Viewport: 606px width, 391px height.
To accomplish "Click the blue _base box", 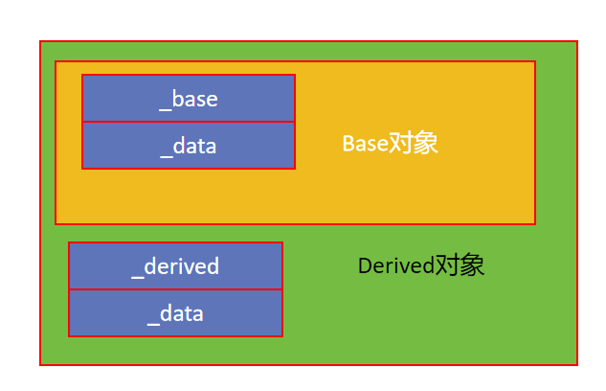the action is pos(189,99).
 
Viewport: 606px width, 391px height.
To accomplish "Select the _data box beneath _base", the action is pos(189,146).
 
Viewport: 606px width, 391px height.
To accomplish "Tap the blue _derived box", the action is pos(175,265).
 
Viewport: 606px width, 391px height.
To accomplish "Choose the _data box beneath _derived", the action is pos(175,312).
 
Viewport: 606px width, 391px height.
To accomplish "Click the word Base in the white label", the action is pos(365,144).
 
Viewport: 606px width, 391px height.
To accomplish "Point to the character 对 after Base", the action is pos(400,144).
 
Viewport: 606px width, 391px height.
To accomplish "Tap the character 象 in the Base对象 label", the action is pos(425,144).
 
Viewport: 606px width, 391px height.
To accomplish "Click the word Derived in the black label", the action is pos(396,265).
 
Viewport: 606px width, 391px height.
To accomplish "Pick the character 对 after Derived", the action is pos(447,265).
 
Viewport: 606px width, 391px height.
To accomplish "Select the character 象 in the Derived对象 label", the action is pos(472,265).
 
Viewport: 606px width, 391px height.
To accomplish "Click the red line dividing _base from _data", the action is pos(189,122).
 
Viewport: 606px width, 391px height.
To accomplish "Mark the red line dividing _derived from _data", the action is pos(175,289).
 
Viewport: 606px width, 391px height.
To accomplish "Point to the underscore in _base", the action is pos(165,110).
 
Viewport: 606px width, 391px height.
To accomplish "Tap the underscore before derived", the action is pos(138,278).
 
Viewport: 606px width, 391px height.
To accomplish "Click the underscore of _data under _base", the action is pos(167,157).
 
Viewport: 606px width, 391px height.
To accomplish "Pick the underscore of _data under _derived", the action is pos(153,325).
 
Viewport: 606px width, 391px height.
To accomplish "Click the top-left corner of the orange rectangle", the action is pos(56,61).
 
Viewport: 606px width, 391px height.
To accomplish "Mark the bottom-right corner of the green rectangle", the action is pos(577,365).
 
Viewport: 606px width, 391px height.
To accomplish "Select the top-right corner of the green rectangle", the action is pos(577,41).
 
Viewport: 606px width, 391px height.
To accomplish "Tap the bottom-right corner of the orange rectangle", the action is pos(535,224).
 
